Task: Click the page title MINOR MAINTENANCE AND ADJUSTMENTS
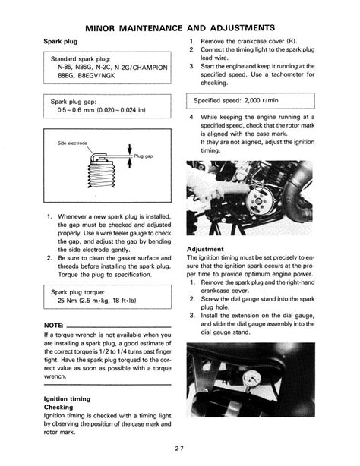pos(180,27)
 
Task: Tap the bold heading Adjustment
pos(205,249)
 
